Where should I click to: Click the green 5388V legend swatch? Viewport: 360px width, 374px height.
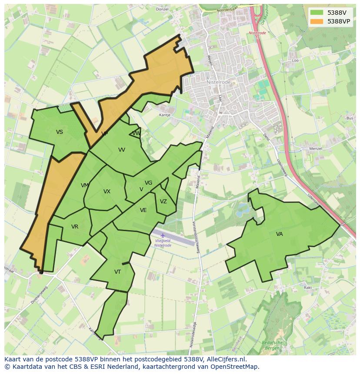tap(317, 12)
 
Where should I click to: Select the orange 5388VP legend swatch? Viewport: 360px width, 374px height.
tap(317, 21)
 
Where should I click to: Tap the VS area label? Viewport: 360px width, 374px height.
tap(60, 132)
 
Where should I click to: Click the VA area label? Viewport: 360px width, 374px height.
tap(279, 234)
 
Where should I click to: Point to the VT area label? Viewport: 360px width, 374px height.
tap(117, 272)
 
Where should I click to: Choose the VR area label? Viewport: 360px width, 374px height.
tap(75, 227)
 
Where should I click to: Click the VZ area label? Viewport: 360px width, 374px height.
tap(163, 202)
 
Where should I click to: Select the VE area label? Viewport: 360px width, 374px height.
tap(143, 210)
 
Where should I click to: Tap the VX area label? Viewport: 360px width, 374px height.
tap(107, 192)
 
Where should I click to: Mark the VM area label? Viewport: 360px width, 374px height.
tap(85, 185)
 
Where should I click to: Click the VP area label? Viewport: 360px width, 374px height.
tap(104, 134)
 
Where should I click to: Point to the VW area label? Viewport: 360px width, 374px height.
tap(136, 133)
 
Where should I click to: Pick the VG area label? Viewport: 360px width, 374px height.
tap(148, 183)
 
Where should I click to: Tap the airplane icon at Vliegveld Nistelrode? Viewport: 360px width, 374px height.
tap(163, 235)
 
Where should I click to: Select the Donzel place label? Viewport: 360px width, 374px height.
tap(162, 9)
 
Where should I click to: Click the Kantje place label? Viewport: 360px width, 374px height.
tap(165, 115)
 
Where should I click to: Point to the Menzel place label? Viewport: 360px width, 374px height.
tap(315, 149)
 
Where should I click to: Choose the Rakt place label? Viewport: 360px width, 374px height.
tap(308, 288)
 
